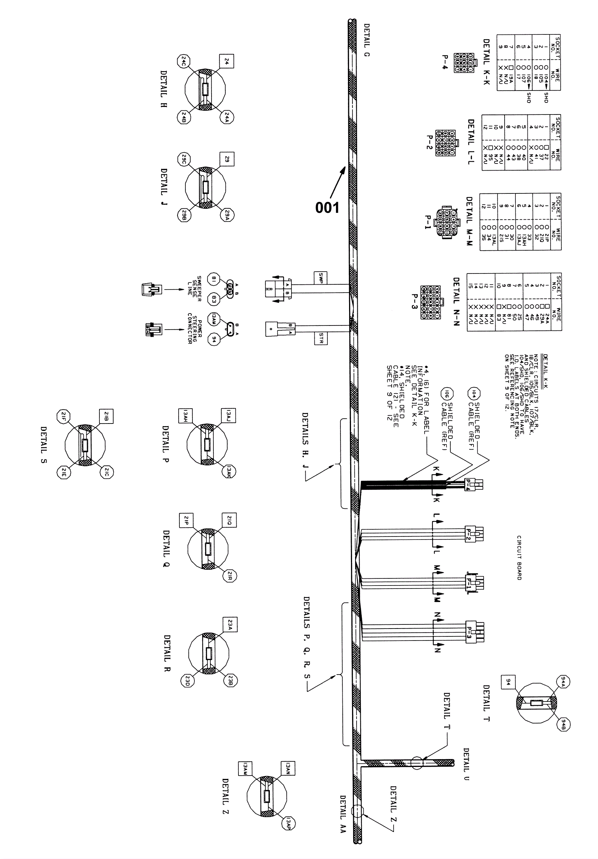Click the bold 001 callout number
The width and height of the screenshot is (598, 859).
(327, 207)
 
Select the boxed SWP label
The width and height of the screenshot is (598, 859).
(321, 278)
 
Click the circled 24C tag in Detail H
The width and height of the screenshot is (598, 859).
(184, 61)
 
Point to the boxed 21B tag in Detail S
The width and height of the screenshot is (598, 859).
(106, 416)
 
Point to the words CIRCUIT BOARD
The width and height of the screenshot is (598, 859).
(519, 557)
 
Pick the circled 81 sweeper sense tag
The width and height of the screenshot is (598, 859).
(214, 279)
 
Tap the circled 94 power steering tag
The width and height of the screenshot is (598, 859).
(214, 340)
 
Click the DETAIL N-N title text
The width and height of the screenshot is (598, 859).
(456, 301)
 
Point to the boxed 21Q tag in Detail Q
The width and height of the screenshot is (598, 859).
(229, 520)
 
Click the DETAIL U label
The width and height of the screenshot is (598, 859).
(466, 764)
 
